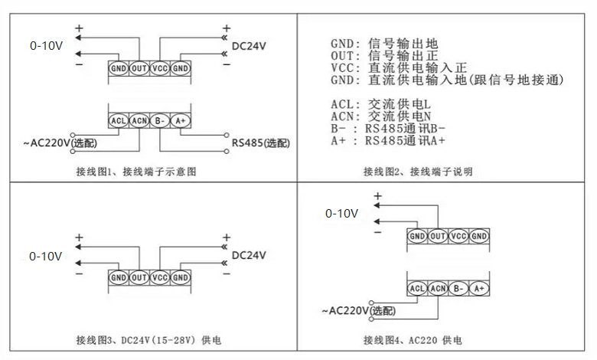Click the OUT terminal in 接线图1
139,68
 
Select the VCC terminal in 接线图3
159,277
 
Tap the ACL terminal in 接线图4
417,288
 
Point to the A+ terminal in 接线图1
180,121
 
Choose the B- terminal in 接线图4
458,288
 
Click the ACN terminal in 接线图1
139,121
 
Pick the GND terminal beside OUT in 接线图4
417,236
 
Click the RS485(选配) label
261,143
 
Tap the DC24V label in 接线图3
249,255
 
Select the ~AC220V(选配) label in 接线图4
359,311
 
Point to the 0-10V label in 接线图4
342,214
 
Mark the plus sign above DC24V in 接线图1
227,28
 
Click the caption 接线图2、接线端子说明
418,172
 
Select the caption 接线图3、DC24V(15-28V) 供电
148,340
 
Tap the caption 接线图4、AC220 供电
413,340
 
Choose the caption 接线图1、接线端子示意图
136,172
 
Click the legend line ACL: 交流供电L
380,104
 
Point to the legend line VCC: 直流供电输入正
399,68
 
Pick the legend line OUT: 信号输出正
384,56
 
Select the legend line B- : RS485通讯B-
388,129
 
